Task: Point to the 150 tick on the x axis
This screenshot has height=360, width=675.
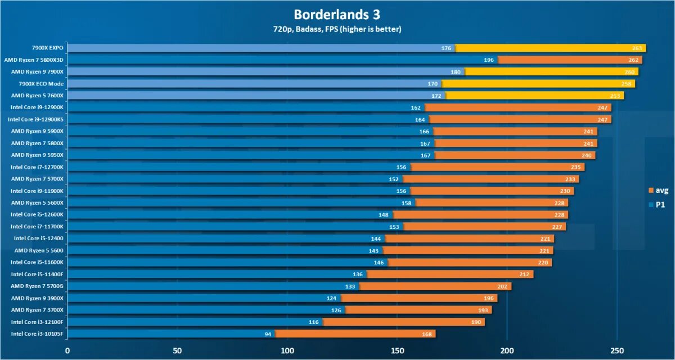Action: tap(397, 351)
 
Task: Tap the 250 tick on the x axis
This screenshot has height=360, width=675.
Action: tap(617, 351)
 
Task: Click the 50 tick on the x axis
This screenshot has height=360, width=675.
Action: tap(177, 351)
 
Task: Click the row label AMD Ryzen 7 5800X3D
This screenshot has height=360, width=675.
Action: tap(34, 60)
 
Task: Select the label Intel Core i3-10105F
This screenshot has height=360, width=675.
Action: tap(37, 334)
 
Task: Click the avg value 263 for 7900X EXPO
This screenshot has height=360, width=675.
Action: tap(638, 48)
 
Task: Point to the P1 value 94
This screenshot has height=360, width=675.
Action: tap(268, 334)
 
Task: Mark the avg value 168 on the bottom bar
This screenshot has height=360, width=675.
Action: tap(427, 334)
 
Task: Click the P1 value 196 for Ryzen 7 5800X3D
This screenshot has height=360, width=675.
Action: tap(488, 60)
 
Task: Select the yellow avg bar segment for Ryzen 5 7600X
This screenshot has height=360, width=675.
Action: tap(534, 96)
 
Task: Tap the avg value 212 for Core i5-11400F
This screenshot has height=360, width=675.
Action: tap(525, 274)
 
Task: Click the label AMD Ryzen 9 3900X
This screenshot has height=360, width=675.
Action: tap(37, 298)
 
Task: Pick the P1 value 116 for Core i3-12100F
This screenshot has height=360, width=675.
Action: tap(313, 322)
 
